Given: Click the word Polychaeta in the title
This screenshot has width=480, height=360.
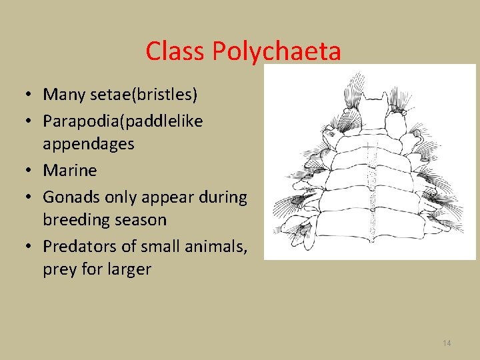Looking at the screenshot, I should pyautogui.click(x=287, y=52).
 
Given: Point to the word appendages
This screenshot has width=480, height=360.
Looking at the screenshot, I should pyautogui.click(x=89, y=144).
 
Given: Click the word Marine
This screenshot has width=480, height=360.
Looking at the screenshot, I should pyautogui.click(x=70, y=171).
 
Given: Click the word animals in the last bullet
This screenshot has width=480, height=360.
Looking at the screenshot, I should pyautogui.click(x=213, y=247).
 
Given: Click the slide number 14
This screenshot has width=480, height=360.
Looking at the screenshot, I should pyautogui.click(x=447, y=343).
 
